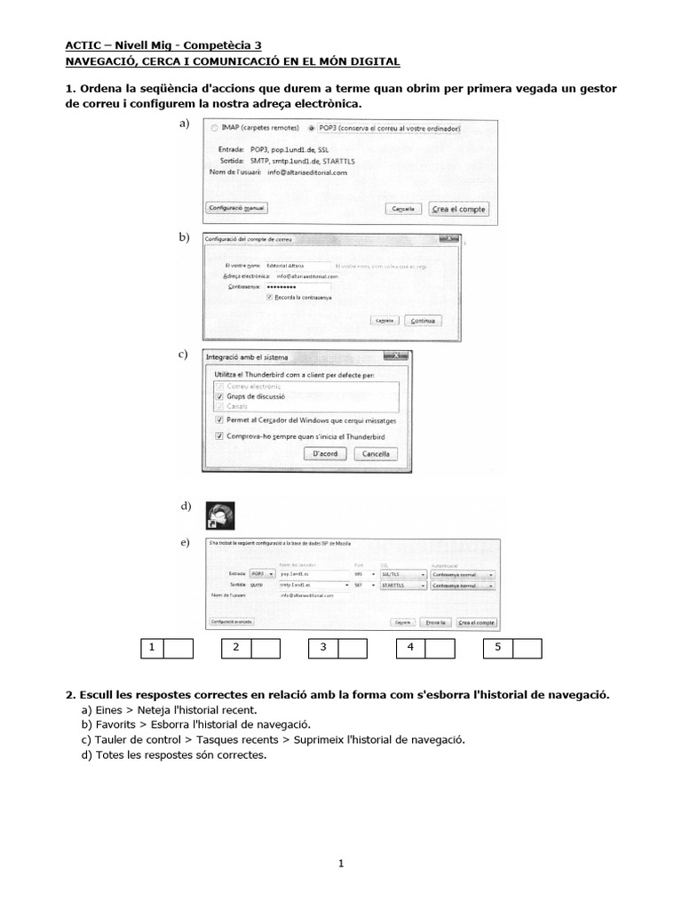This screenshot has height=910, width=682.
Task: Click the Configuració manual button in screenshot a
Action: [x=235, y=208]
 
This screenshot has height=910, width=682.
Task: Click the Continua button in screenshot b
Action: [x=423, y=320]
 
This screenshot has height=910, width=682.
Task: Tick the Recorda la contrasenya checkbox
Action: [x=269, y=298]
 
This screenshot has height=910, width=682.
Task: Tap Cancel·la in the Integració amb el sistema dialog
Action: [x=375, y=453]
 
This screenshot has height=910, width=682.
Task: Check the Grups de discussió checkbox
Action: [x=219, y=396]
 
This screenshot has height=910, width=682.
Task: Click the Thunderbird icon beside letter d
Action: [x=218, y=515]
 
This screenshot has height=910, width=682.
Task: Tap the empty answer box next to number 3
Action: [x=353, y=648]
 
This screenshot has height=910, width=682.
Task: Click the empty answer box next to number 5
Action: [x=527, y=648]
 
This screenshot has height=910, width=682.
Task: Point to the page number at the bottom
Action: [x=341, y=863]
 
